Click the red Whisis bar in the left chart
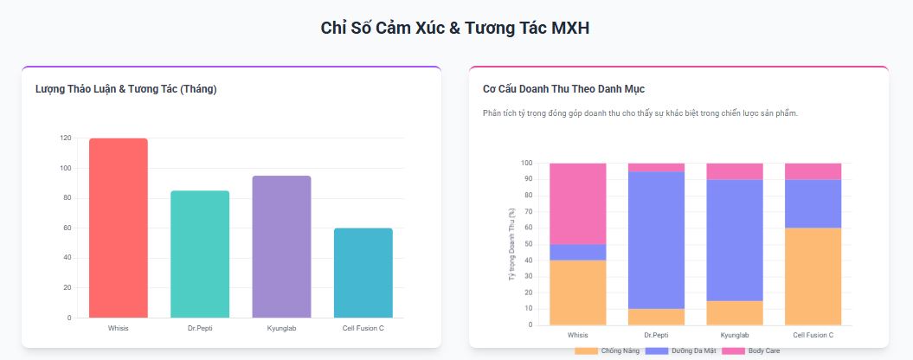[118, 228]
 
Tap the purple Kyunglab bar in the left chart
[281, 247]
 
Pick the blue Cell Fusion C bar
[363, 273]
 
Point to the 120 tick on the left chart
[67, 138]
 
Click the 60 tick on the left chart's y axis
[68, 228]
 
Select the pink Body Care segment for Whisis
[577, 203]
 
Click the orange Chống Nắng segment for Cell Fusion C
[813, 276]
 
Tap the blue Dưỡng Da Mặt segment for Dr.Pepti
[656, 240]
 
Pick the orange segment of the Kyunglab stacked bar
[735, 312]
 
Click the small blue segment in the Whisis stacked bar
[577, 252]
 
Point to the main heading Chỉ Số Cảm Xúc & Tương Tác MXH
[455, 28]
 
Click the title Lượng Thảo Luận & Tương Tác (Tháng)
[126, 88]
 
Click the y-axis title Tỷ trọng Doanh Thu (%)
[511, 244]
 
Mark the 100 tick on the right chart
[527, 163]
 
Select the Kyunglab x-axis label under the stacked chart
[735, 335]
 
